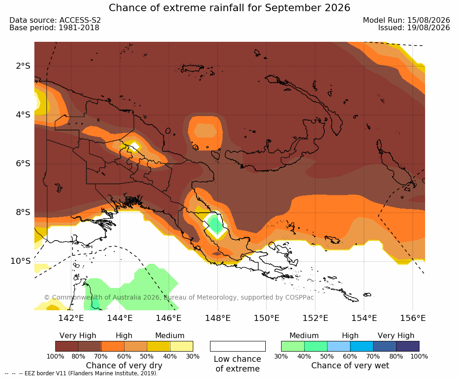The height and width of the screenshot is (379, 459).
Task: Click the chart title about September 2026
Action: (x=229, y=7)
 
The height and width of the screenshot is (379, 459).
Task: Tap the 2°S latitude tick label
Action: (x=23, y=66)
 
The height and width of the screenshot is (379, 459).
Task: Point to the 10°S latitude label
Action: (x=20, y=261)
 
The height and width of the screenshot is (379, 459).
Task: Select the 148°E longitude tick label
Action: (x=217, y=318)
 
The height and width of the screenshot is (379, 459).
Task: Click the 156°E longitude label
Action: (x=413, y=318)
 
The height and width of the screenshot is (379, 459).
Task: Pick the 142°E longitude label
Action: (x=71, y=318)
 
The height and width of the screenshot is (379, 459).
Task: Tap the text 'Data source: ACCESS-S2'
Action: (x=55, y=20)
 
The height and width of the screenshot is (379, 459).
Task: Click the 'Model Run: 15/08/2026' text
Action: (x=407, y=20)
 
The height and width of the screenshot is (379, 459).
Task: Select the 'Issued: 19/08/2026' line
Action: (x=414, y=28)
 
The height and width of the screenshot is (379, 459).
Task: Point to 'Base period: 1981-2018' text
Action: (x=54, y=28)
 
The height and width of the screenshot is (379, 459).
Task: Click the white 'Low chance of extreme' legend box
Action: (x=238, y=346)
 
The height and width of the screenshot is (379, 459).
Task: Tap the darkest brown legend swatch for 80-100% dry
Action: (x=67, y=346)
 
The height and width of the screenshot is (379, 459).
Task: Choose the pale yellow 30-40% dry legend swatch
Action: (x=182, y=346)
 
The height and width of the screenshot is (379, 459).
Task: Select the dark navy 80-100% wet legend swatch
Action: (x=408, y=346)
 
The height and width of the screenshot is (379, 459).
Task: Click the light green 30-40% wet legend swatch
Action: (x=293, y=346)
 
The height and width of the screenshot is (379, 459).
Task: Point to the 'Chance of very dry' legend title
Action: (x=124, y=366)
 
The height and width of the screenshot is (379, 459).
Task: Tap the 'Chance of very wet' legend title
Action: (x=350, y=366)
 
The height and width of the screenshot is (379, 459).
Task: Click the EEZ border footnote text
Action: (x=81, y=373)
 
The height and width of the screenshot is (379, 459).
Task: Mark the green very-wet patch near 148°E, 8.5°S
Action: (x=216, y=224)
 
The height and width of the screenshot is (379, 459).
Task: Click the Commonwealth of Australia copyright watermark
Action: (x=179, y=297)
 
